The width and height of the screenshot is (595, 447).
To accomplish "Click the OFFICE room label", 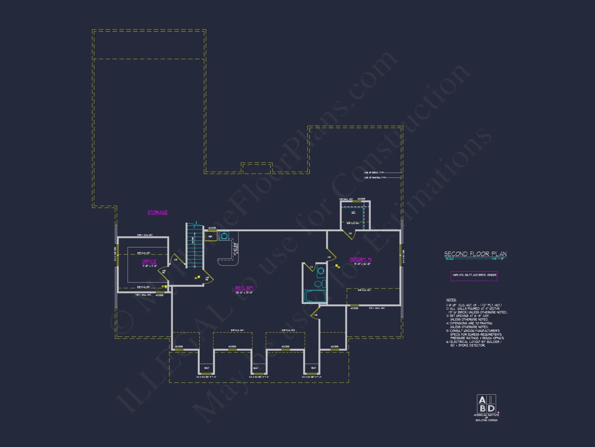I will pyautogui.click(x=149, y=262).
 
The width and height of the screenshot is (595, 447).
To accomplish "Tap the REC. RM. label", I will pyautogui.click(x=244, y=288).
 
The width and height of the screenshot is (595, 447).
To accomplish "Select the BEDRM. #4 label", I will pyautogui.click(x=361, y=260).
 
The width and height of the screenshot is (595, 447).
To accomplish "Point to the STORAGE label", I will pyautogui.click(x=157, y=212).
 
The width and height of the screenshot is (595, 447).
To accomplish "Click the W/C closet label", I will pyautogui.click(x=353, y=212).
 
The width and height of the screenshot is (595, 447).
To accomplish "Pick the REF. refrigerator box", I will pyautogui.click(x=211, y=237).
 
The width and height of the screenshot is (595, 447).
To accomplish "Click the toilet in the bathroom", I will pyautogui.click(x=318, y=283).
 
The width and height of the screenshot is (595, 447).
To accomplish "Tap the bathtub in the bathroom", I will pyautogui.click(x=314, y=296).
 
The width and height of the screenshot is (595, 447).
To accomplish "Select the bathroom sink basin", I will pyautogui.click(x=321, y=271).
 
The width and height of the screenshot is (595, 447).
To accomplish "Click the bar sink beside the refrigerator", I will pyautogui.click(x=224, y=236).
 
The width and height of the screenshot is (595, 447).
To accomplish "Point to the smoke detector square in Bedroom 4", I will pyautogui.click(x=336, y=266).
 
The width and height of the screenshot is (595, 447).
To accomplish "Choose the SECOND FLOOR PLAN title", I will pyautogui.click(x=475, y=254).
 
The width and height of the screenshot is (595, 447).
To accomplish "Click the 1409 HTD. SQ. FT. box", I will pyautogui.click(x=474, y=275).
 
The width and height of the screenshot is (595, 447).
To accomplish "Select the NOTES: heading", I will pyautogui.click(x=451, y=300).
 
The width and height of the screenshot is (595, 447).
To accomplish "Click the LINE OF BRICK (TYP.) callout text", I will pyautogui.click(x=374, y=173).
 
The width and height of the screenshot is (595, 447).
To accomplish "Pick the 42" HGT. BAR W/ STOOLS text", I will pyautogui.click(x=236, y=249).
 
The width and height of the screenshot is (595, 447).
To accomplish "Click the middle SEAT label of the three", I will pyautogui.click(x=256, y=368).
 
